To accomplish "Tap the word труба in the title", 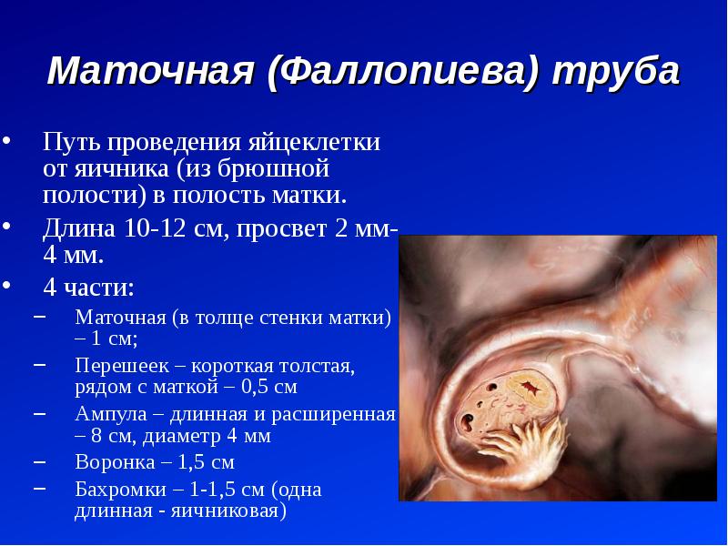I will [616, 71].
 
